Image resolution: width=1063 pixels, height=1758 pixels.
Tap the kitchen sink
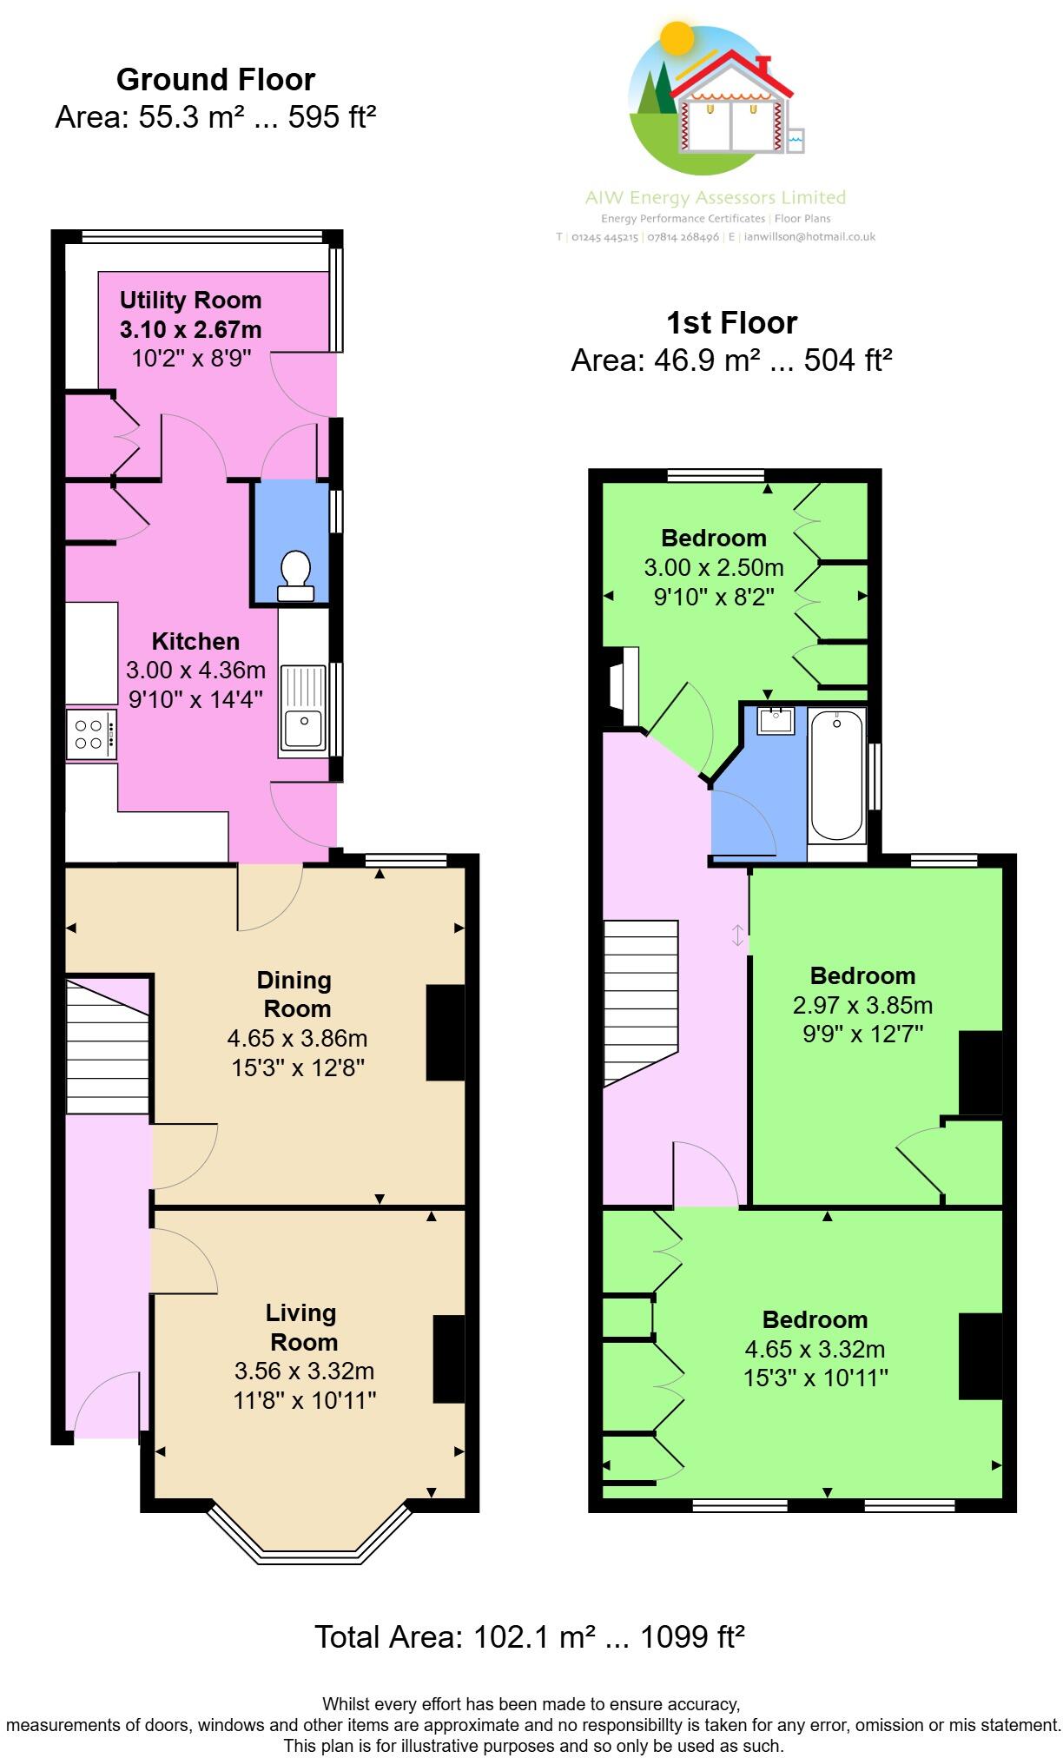tap(302, 709)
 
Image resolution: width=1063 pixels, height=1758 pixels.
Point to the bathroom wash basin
tap(775, 720)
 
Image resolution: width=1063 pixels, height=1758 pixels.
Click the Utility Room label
tap(190, 301)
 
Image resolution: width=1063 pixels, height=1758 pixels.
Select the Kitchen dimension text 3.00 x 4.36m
tap(195, 671)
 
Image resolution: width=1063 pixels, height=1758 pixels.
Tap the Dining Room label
tap(295, 995)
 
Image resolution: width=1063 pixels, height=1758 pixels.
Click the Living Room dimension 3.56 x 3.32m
tap(304, 1371)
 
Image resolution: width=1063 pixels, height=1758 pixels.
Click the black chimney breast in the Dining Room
tap(445, 1032)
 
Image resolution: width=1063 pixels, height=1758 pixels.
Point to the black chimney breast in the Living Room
tap(448, 1358)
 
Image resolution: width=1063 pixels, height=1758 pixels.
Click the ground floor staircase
tap(108, 1047)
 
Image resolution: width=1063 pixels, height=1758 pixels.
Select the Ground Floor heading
tap(215, 80)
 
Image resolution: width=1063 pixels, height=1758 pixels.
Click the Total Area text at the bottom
tap(529, 1637)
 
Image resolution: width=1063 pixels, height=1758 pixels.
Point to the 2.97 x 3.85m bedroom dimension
tap(862, 1005)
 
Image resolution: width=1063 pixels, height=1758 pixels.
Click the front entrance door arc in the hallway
tap(106, 1404)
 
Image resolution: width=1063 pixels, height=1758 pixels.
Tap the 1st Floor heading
tap(731, 323)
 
